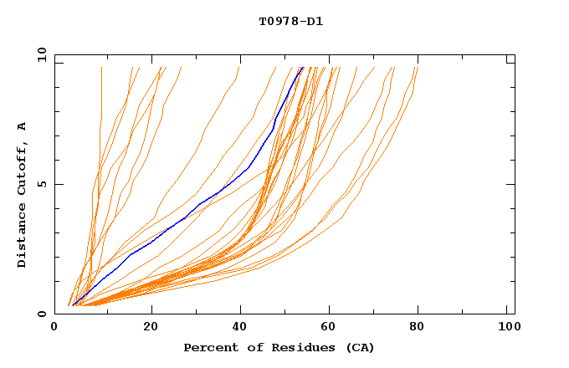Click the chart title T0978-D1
click(290, 22)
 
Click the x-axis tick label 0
click(54, 327)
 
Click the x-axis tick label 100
click(507, 327)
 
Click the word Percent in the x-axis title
click(208, 347)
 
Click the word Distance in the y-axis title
click(22, 238)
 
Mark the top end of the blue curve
click(302, 68)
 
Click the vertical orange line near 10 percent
click(101, 100)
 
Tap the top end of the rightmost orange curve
click(417, 68)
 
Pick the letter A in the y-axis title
click(22, 126)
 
